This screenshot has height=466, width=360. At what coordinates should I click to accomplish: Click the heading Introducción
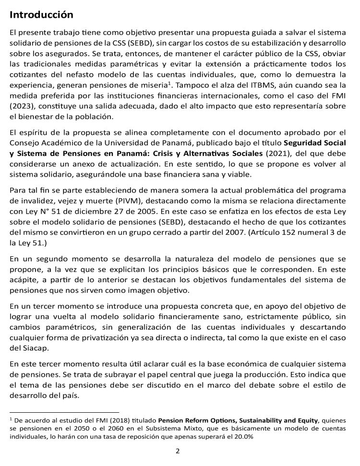pyautogui.click(x=41, y=15)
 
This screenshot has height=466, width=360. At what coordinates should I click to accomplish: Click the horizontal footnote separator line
pyautogui.click(x=64, y=412)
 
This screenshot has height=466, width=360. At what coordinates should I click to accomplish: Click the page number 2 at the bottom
pyautogui.click(x=178, y=451)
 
